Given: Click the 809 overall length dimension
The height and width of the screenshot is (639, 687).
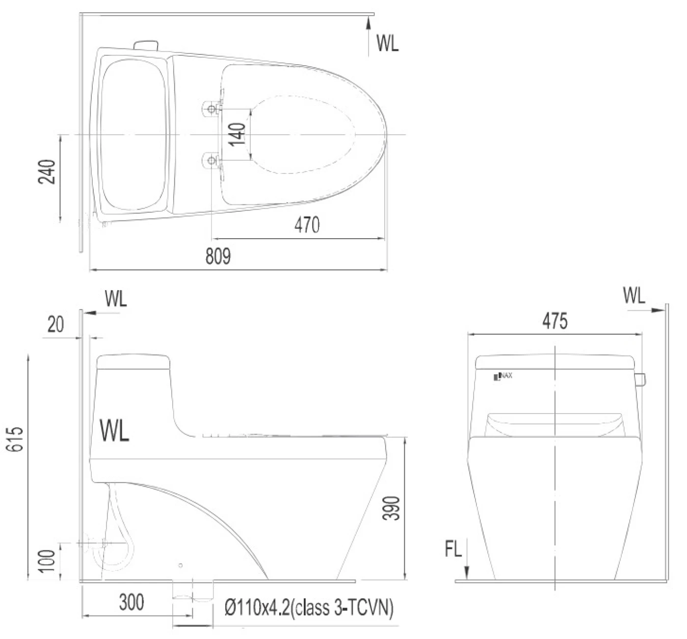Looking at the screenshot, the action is coord(218,256).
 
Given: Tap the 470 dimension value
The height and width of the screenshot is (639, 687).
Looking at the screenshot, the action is coord(307,225).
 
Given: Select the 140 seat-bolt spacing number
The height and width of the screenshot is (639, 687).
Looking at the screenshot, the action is coord(238,134).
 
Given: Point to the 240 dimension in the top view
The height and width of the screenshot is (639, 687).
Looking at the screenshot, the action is coord(47,172).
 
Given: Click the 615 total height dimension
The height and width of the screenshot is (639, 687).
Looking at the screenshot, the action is coord(15,439).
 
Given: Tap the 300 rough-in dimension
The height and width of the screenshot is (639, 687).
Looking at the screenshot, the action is coord(132,602).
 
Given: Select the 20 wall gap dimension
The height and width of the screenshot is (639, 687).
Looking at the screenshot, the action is coord(55,324).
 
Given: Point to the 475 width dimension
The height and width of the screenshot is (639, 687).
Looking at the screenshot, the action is coord(555,320).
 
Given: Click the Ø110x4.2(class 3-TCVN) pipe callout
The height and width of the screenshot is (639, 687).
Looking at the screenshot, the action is coord(309,607).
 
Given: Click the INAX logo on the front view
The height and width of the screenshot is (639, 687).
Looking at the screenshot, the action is coord(503,376).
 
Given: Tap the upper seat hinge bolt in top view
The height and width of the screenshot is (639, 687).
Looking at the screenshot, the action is coord(211,109).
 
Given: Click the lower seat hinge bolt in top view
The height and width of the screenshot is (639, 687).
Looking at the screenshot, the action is coord(211,160).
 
